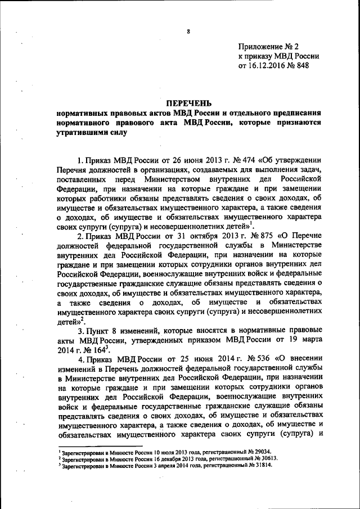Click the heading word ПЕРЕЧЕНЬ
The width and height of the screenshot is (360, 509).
point(188,102)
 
